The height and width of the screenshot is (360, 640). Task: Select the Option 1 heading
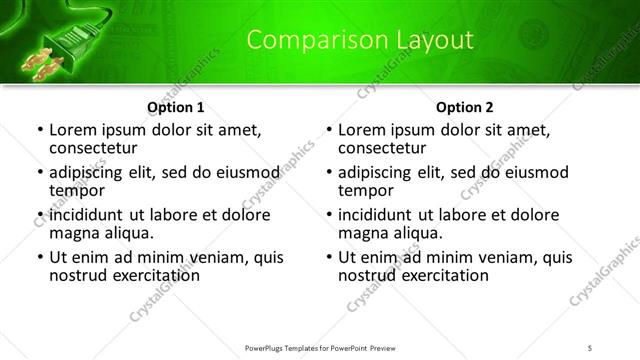tap(176, 106)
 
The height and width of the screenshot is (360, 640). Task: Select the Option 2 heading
tap(465, 106)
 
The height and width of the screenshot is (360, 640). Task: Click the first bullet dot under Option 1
tap(39, 130)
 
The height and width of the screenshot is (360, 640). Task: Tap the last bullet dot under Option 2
tap(328, 257)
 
